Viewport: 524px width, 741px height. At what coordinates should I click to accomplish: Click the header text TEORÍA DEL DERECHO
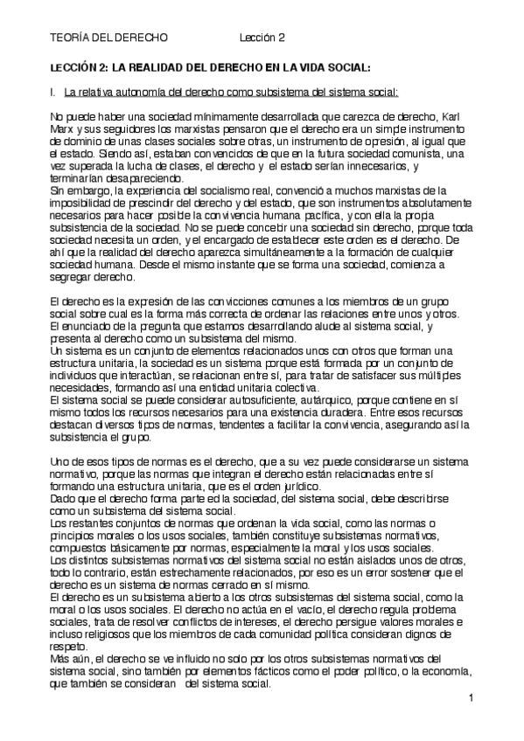click(x=108, y=38)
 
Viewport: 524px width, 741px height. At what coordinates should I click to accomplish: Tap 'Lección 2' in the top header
click(x=263, y=38)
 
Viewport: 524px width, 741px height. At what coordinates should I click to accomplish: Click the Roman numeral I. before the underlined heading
click(x=53, y=91)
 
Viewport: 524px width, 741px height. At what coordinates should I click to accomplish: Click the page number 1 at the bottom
click(x=471, y=698)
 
